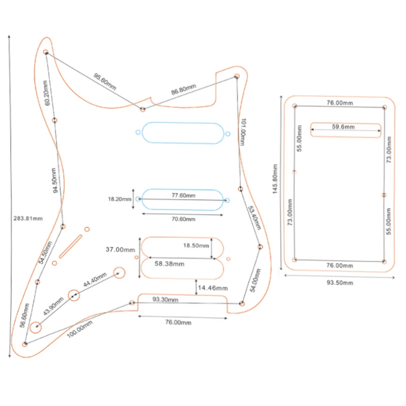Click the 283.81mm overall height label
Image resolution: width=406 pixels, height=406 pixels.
[28, 219]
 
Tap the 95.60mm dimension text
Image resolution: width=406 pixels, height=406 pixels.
[105, 82]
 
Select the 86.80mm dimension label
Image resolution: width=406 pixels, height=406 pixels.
[184, 89]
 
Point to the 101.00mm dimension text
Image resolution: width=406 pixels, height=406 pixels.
[243, 132]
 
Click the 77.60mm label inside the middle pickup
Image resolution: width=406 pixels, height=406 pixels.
[183, 195]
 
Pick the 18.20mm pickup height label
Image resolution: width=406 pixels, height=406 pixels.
[120, 199]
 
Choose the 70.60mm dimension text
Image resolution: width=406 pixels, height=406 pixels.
[183, 219]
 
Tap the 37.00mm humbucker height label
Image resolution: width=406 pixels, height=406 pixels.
[120, 250]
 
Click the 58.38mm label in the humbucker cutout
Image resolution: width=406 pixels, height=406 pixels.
[170, 264]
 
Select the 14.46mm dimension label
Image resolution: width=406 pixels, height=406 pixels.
[213, 288]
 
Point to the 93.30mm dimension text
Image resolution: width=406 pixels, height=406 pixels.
[165, 299]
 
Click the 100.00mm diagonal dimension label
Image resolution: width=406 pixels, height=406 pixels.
[80, 329]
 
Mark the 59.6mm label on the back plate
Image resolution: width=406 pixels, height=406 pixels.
[344, 126]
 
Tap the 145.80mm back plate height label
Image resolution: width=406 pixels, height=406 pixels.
[275, 179]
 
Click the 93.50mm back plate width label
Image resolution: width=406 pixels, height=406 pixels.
[340, 283]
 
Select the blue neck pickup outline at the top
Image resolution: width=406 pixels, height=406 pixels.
[183, 123]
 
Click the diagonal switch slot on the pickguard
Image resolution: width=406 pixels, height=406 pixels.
[71, 247]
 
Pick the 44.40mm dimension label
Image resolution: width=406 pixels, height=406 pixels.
[95, 280]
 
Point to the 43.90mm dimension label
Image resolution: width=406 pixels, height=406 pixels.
[53, 307]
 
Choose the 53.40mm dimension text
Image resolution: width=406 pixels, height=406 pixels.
[254, 218]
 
